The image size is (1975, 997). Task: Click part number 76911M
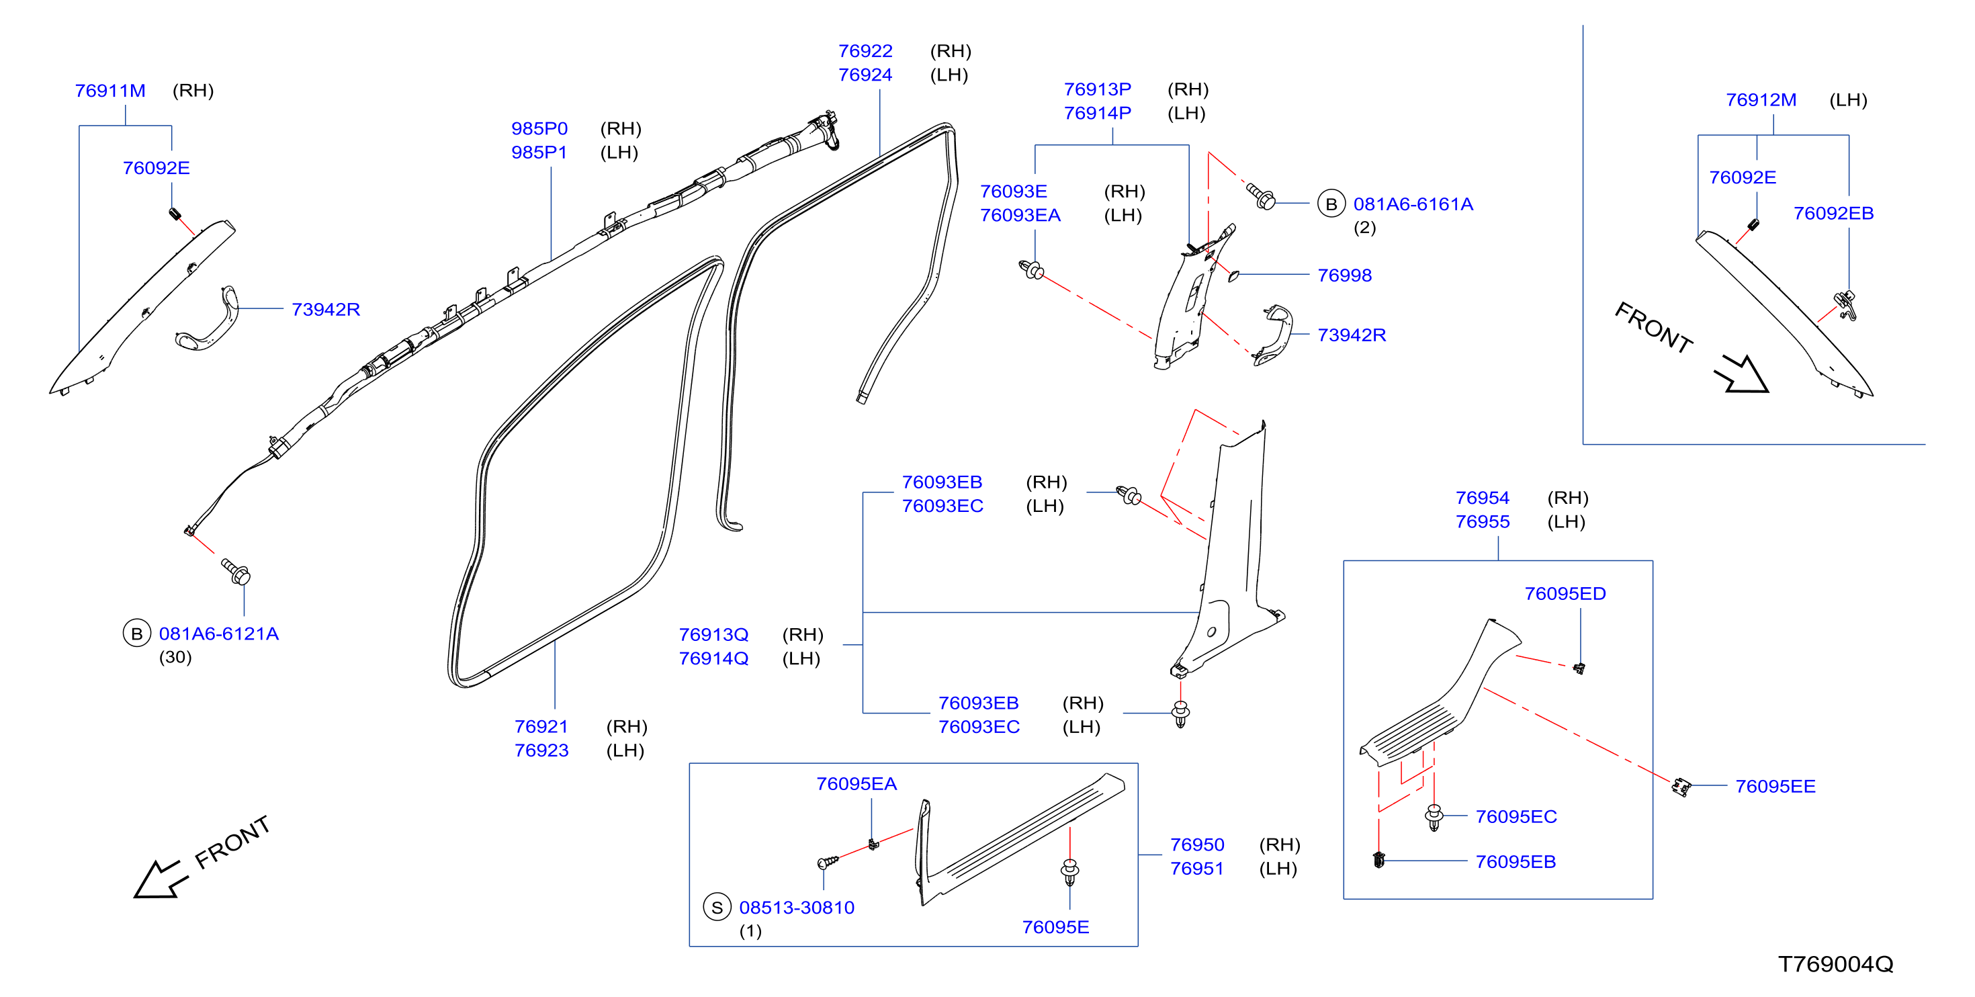click(x=109, y=91)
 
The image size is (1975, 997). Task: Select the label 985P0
click(x=539, y=128)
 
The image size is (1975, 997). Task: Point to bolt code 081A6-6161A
click(x=1412, y=204)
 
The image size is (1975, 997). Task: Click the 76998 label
click(x=1344, y=275)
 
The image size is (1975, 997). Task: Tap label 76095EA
click(x=856, y=784)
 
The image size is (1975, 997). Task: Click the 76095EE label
click(x=1775, y=786)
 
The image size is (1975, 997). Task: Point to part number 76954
click(x=1482, y=498)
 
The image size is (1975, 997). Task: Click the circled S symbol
click(x=717, y=907)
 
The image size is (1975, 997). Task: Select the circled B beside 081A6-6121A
click(x=136, y=634)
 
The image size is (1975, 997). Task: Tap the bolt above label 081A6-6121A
click(x=235, y=571)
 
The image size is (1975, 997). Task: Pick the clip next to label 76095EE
click(x=1681, y=787)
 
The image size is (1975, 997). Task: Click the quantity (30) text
click(x=175, y=657)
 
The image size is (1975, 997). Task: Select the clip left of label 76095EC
click(x=1434, y=818)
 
